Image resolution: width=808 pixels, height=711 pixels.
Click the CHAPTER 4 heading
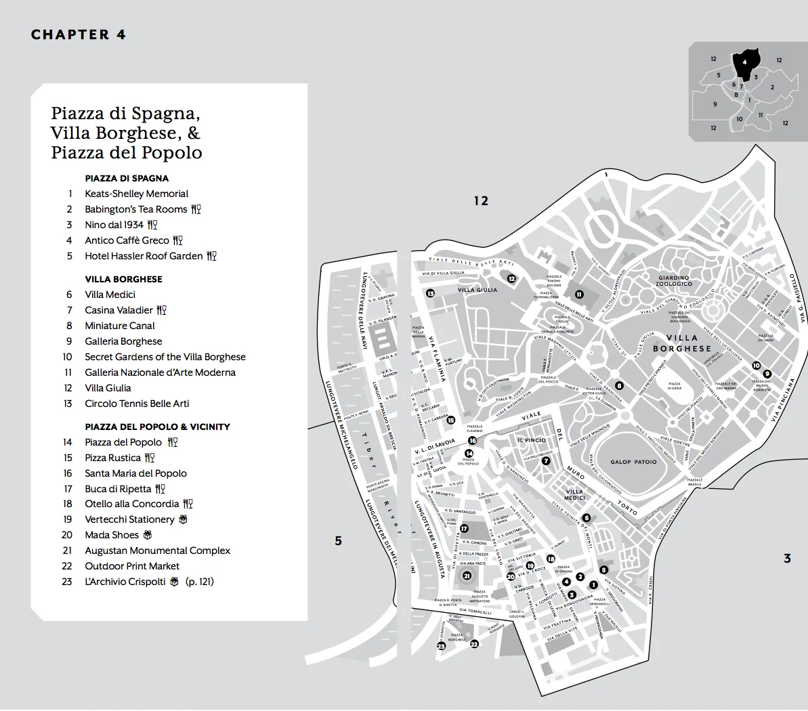79,35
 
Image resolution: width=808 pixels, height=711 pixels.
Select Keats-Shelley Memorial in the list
136,194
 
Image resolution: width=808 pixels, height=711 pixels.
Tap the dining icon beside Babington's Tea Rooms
196,209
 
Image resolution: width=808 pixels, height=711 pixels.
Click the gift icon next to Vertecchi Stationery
183,519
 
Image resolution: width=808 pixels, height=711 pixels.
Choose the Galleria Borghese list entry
123,341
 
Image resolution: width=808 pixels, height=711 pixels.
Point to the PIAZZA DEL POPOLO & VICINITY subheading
157,427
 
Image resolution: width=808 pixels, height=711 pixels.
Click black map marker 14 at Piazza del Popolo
469,454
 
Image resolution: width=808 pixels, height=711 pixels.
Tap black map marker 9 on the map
767,374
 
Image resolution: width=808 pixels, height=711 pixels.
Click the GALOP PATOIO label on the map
633,462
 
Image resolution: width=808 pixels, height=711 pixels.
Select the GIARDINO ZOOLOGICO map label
673,280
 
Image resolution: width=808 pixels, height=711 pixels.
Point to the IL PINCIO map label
531,440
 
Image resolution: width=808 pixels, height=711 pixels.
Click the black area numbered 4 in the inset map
745,64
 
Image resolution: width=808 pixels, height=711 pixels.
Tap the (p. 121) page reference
200,582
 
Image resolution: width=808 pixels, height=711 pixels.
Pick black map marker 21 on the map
467,576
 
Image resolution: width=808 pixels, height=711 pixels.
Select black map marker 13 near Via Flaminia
430,293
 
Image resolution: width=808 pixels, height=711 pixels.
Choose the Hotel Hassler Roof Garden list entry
144,256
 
